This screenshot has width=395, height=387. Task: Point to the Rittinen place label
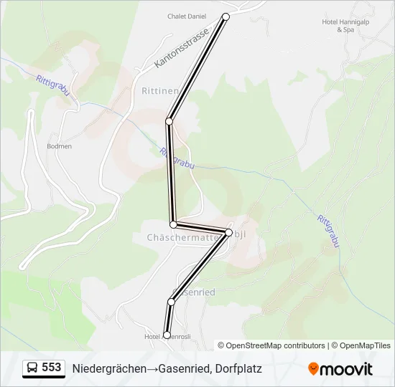click(x=159, y=91)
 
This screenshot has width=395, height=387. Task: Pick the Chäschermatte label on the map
click(x=177, y=236)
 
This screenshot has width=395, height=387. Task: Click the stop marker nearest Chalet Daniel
click(x=226, y=16)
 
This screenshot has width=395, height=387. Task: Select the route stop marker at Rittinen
click(x=169, y=122)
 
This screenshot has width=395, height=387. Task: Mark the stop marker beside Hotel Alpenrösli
click(x=167, y=335)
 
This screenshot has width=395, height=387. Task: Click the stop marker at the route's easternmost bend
click(x=229, y=232)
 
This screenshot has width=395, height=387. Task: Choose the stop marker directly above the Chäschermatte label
click(x=173, y=224)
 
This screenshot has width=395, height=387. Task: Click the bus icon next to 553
click(x=32, y=368)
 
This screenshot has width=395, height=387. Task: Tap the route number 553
click(x=52, y=368)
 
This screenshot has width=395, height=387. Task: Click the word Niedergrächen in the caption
click(x=104, y=368)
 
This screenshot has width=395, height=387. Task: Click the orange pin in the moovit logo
click(x=313, y=369)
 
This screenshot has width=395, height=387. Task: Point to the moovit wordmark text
click(x=346, y=369)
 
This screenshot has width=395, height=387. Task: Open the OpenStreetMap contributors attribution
click(x=276, y=345)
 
